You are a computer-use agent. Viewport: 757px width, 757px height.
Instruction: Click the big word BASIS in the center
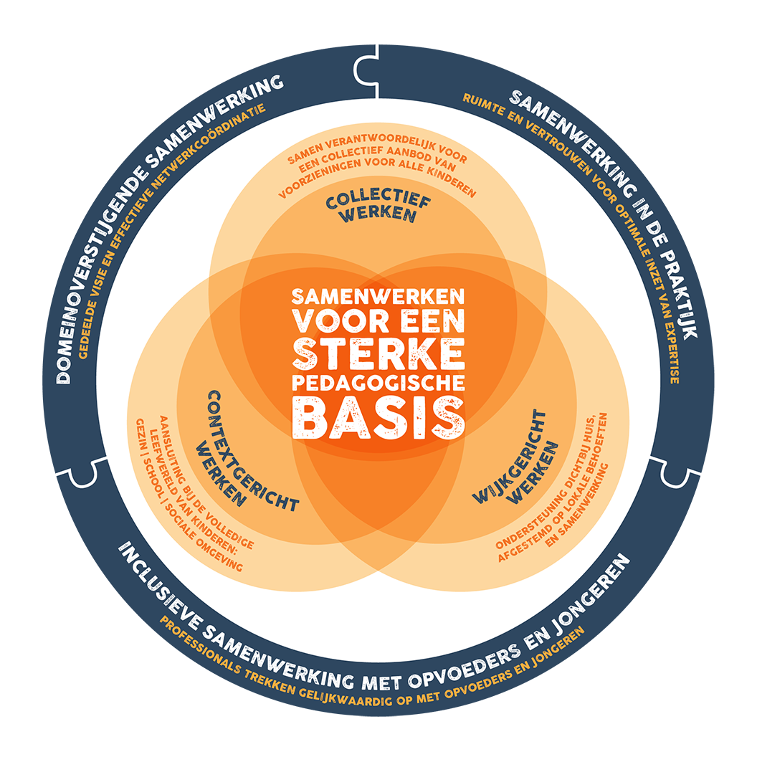[x=378, y=415]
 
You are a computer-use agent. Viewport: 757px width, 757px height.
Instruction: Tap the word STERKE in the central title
[x=378, y=352]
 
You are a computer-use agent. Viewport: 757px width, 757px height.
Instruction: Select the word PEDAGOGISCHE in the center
[x=378, y=381]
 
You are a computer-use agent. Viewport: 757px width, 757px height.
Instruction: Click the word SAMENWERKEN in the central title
[x=378, y=295]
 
